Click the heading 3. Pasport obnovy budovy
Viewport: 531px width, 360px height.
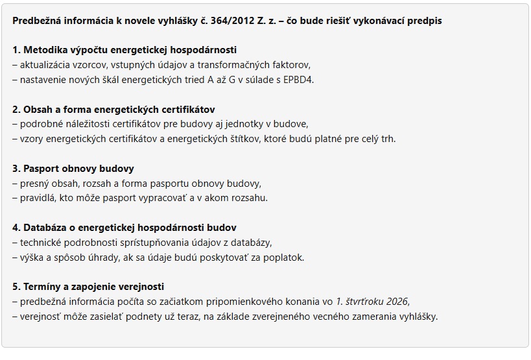(x=73, y=169)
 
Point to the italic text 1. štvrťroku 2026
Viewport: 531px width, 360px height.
(x=373, y=302)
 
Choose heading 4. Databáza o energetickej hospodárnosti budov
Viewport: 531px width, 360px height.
(x=124, y=228)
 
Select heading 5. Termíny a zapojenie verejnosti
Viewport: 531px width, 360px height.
(x=88, y=287)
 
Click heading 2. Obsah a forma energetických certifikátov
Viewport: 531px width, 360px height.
(x=113, y=110)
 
